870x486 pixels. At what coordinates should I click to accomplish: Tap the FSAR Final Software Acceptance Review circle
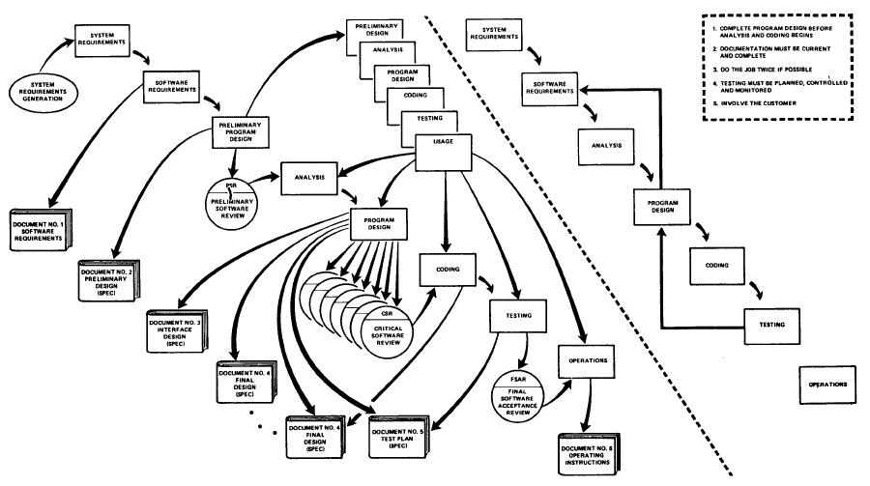click(x=524, y=392)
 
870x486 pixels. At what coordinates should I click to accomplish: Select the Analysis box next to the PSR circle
click(x=310, y=177)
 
